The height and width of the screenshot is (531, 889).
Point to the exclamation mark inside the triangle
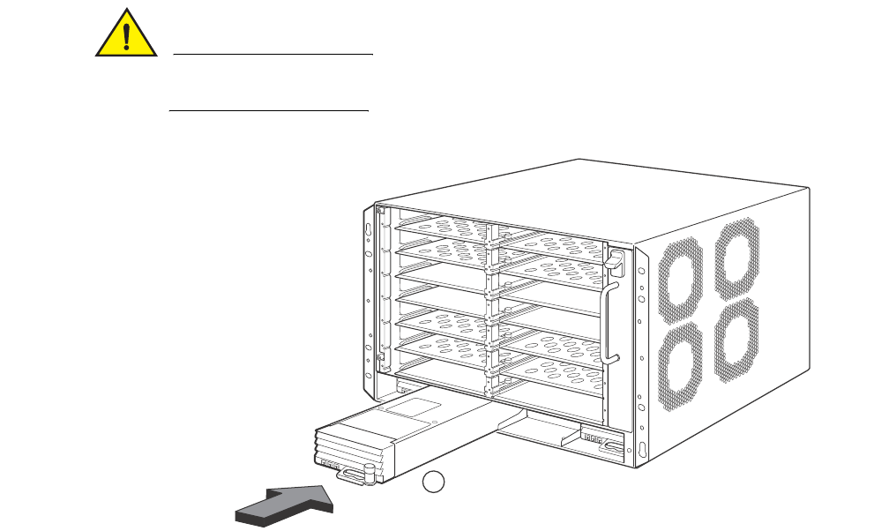tap(127, 36)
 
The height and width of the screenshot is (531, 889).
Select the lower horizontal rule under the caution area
tap(268, 112)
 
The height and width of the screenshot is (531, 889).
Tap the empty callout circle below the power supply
tap(432, 482)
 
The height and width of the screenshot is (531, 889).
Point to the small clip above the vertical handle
tap(616, 259)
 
